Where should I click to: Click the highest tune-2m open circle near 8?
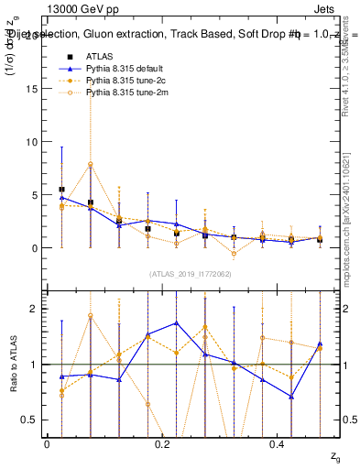click(91, 164)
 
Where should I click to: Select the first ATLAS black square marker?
click(61, 190)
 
